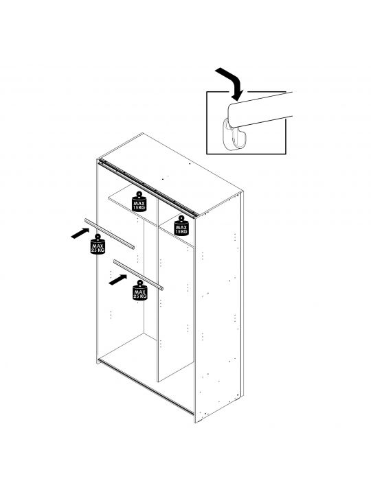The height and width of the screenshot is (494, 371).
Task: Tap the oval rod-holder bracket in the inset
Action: click(x=233, y=134)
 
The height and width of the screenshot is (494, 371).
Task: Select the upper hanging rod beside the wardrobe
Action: click(x=109, y=233)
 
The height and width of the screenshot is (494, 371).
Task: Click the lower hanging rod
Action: click(x=139, y=274)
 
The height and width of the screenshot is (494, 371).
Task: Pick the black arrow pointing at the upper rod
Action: click(x=80, y=233)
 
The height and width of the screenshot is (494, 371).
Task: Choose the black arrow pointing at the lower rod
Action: click(x=117, y=280)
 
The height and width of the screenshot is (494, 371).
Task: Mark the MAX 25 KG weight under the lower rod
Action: click(x=139, y=290)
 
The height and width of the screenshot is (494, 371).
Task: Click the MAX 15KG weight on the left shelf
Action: click(x=139, y=202)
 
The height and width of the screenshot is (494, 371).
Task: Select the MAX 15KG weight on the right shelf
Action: click(x=181, y=226)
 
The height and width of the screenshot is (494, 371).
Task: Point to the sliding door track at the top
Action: click(x=148, y=189)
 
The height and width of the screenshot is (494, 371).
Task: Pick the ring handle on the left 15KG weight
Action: click(x=139, y=194)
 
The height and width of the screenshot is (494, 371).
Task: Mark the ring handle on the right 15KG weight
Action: click(x=181, y=218)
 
